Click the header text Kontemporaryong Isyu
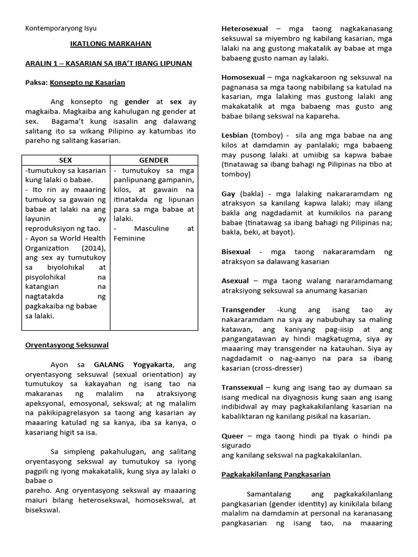pos(60,28)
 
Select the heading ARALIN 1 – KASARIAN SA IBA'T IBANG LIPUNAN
pos(108,64)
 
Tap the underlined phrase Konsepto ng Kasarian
pos(87,83)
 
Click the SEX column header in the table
pos(65,160)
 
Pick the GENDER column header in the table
pos(153,160)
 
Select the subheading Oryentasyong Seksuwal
pos(67,345)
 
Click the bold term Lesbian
pos(235,135)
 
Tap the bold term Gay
pos(228,193)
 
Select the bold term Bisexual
pos(236,252)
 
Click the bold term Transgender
pos(243,310)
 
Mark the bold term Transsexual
pos(242,387)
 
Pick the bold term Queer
pos(232,436)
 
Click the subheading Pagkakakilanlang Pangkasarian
pos(275,474)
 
